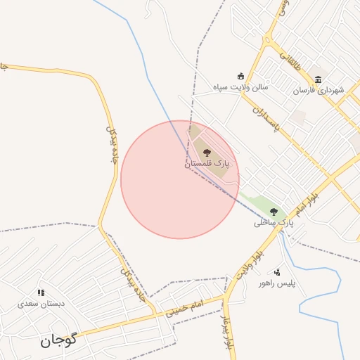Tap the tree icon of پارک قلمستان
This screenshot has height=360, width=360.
pos(207,152)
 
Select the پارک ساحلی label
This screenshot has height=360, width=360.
pos(274,222)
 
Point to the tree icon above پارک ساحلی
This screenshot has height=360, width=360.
pos(274,212)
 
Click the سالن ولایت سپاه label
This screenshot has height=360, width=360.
pos(241,87)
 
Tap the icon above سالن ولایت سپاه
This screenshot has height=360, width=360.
pos(241,77)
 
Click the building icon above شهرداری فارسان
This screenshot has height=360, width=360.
pos(319,79)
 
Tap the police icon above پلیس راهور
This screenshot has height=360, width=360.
pos(278,272)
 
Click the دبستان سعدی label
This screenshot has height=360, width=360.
pos(41,303)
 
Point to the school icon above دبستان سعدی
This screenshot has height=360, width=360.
pos(41,292)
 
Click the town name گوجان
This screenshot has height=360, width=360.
pos(58,341)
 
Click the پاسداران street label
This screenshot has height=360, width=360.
pos(266,120)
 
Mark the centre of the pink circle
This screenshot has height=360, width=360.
pos(180,179)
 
